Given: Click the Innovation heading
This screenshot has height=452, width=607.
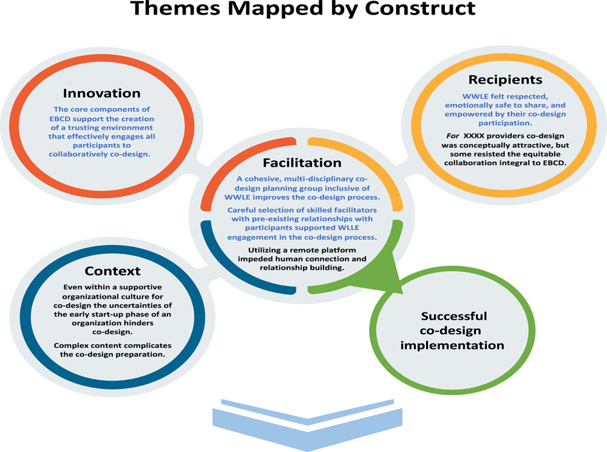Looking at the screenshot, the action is click(x=101, y=93).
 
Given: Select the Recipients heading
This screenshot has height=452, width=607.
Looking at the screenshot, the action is click(x=505, y=79).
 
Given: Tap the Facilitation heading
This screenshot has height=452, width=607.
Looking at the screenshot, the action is click(x=302, y=163).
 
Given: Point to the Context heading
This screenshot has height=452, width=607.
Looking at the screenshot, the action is click(x=113, y=271).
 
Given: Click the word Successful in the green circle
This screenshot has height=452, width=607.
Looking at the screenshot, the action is click(x=453, y=316).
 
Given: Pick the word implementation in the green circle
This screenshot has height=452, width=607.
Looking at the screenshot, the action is click(x=452, y=345).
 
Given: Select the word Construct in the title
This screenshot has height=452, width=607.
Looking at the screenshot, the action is click(x=420, y=8).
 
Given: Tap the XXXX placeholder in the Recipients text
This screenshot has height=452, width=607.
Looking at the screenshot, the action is click(x=474, y=136).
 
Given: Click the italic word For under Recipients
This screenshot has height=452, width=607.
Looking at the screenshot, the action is click(x=453, y=136).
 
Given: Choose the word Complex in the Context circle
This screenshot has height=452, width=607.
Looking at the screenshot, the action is click(x=69, y=346).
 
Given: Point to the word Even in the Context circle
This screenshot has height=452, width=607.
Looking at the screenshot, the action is click(x=72, y=287).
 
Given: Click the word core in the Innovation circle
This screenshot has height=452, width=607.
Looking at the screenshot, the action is click(x=80, y=110).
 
